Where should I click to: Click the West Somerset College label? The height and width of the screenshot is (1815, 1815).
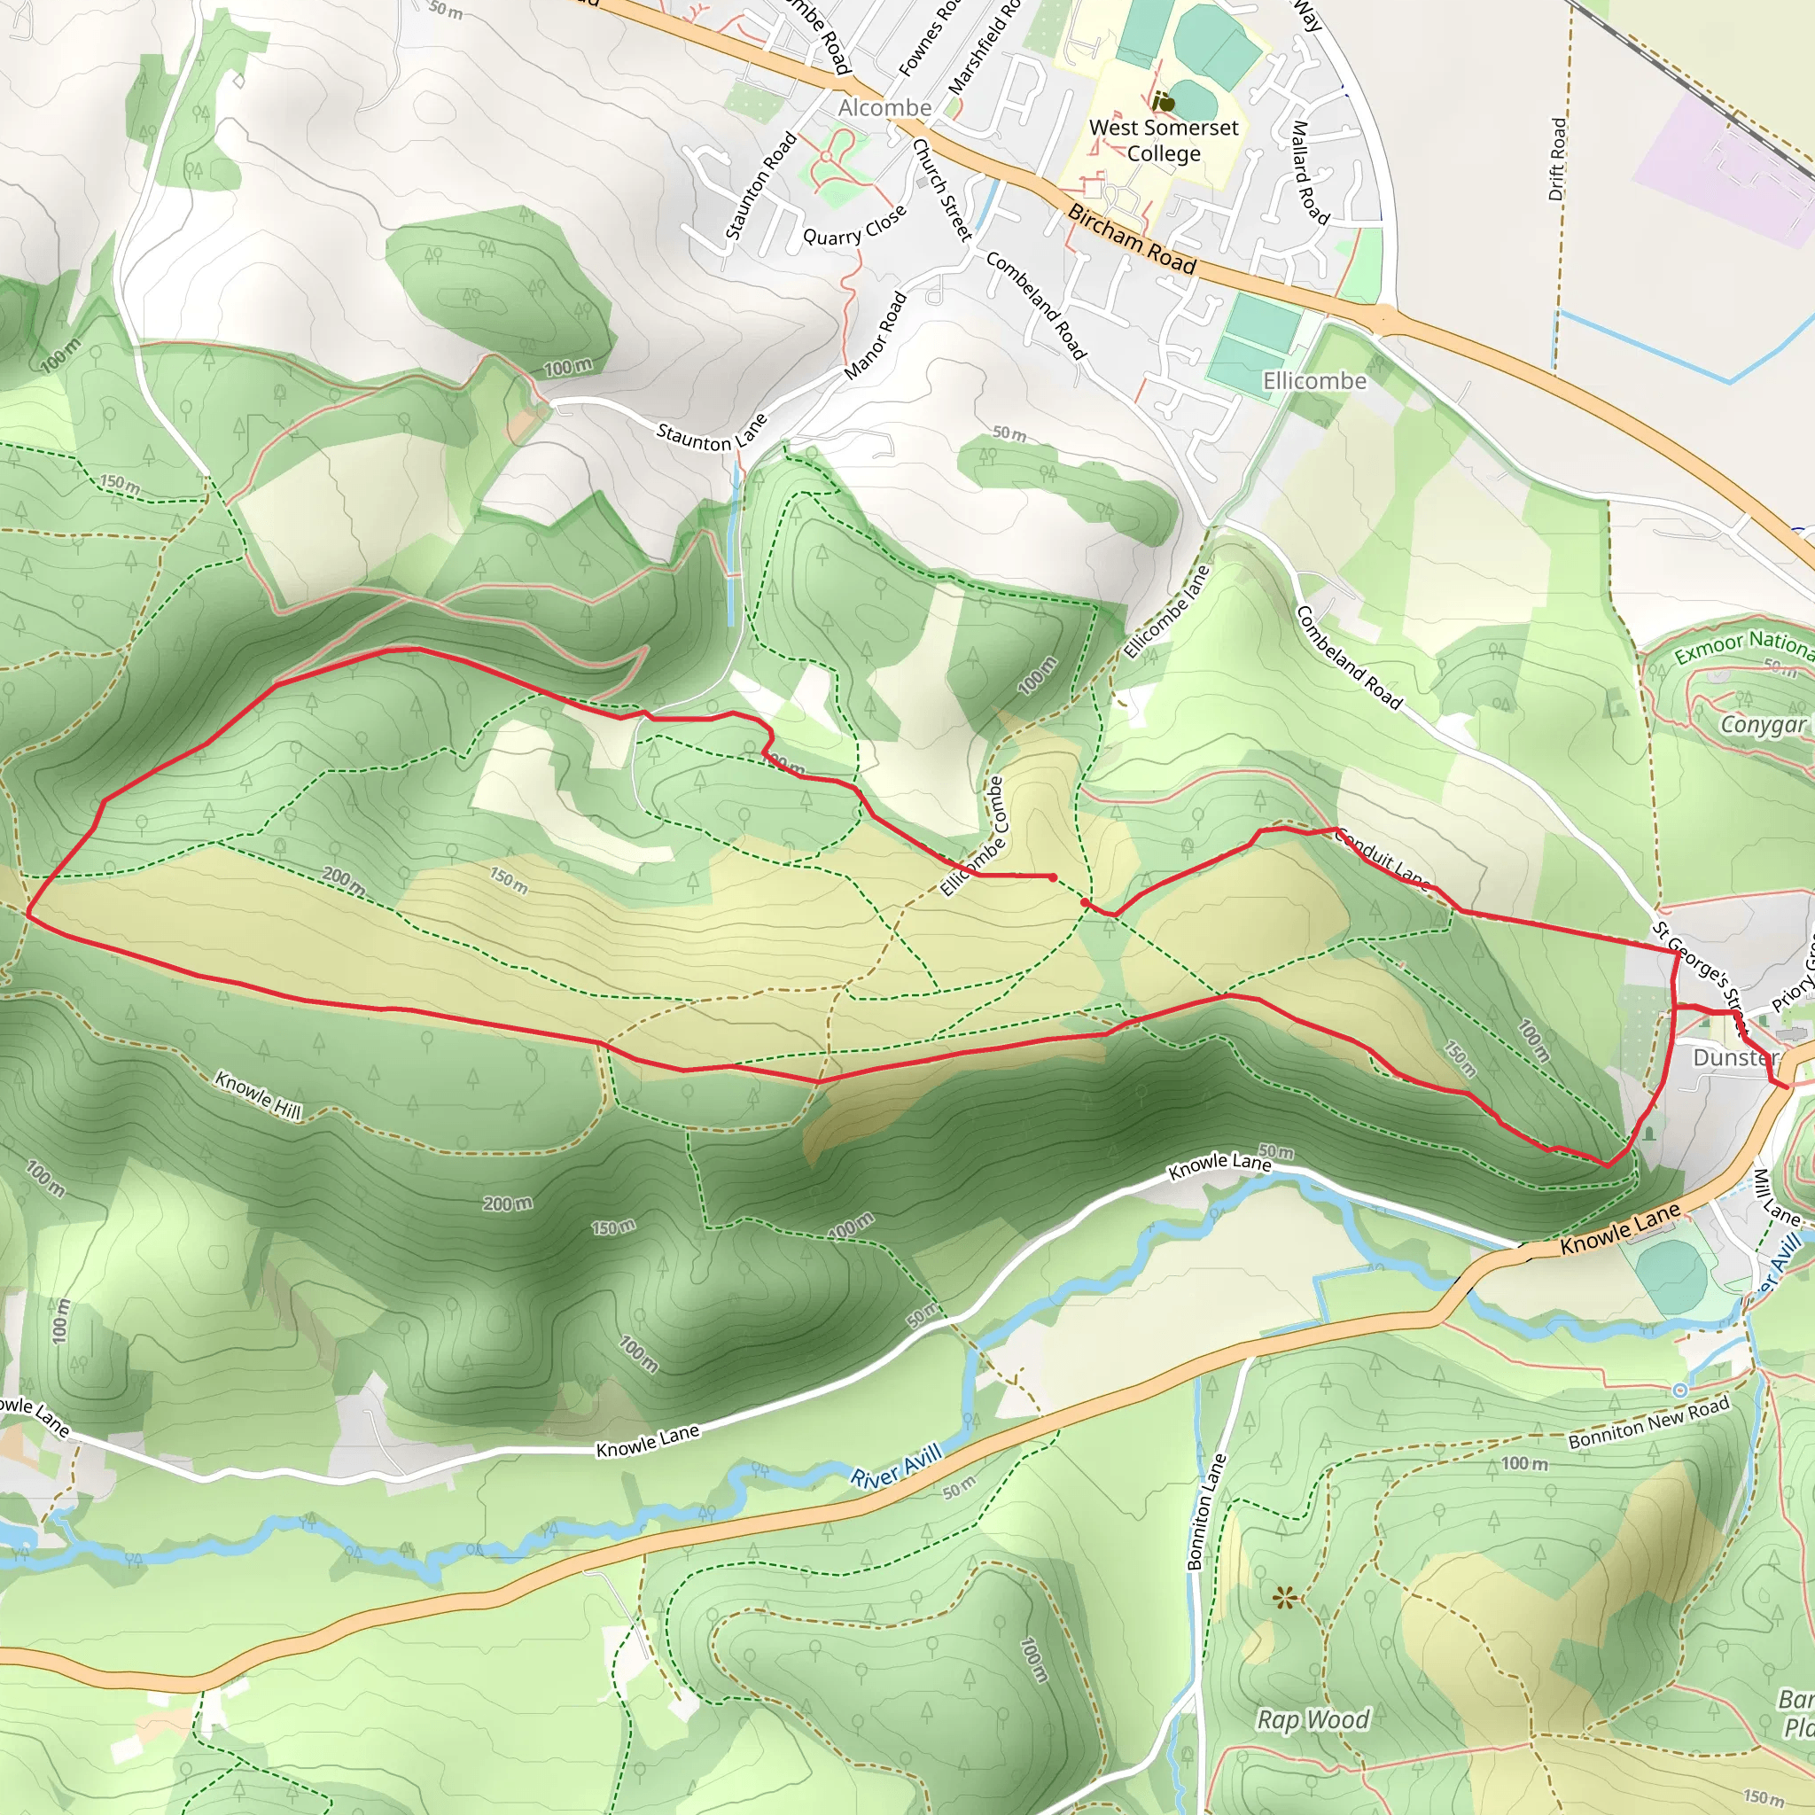[1163, 140]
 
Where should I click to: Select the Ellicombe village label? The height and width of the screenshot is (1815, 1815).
[1313, 380]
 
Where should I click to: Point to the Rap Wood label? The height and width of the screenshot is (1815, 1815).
[1313, 1719]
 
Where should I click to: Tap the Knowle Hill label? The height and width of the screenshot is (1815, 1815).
[259, 1095]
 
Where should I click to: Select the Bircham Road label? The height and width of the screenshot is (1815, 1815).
[1131, 240]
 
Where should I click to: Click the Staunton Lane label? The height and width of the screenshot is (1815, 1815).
[711, 432]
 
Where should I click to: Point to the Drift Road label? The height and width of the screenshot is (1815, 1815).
[1558, 159]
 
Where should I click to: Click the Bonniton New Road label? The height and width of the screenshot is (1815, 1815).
[1648, 1422]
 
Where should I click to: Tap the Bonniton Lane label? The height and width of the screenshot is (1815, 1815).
[1206, 1512]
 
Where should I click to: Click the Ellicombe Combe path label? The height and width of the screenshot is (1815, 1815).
[972, 836]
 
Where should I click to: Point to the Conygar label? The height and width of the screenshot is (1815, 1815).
[1764, 724]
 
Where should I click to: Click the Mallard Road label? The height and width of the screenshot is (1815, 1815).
[1311, 173]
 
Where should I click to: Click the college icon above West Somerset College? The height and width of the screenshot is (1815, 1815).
[1164, 100]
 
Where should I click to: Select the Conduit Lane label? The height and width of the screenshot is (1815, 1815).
[1382, 858]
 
